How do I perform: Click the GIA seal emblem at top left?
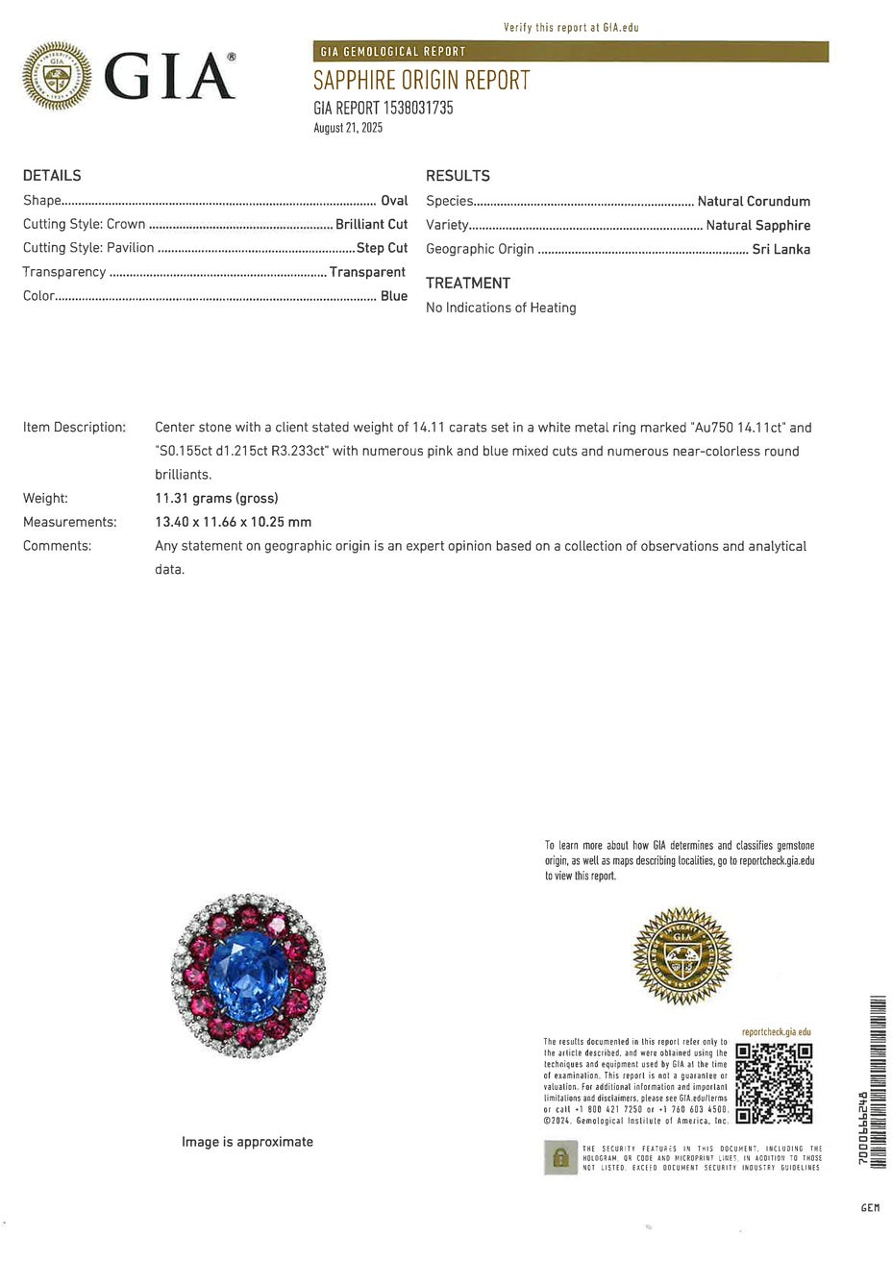pyautogui.click(x=57, y=75)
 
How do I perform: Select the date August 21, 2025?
pyautogui.click(x=348, y=128)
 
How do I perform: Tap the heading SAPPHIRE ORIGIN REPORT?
pyautogui.click(x=421, y=81)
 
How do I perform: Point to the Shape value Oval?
pyautogui.click(x=394, y=201)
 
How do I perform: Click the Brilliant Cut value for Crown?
pyautogui.click(x=371, y=224)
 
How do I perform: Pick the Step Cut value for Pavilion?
pyautogui.click(x=382, y=248)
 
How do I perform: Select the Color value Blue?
pyautogui.click(x=394, y=296)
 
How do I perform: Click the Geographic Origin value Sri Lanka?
pyautogui.click(x=780, y=249)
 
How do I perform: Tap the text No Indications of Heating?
pyautogui.click(x=501, y=308)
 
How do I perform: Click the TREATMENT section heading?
pyautogui.click(x=468, y=283)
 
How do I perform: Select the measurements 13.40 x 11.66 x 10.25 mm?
pyautogui.click(x=234, y=522)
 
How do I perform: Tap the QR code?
pyautogui.click(x=774, y=1083)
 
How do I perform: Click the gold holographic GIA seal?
pyautogui.click(x=682, y=955)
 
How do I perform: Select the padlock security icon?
pyautogui.click(x=560, y=1157)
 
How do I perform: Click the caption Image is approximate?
pyautogui.click(x=247, y=1142)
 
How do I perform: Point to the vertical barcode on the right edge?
pyautogui.click(x=876, y=1082)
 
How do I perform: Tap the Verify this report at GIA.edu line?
pyautogui.click(x=571, y=28)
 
